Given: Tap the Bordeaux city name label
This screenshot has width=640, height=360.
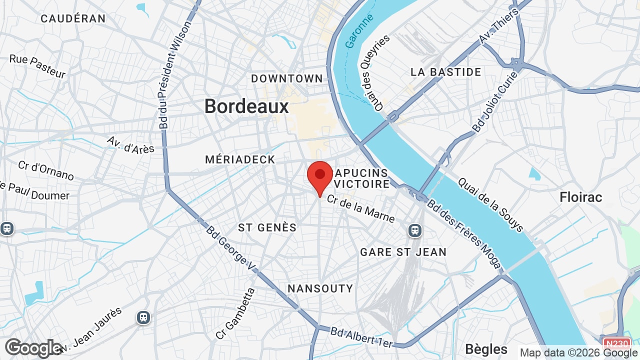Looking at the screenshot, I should click(x=247, y=106).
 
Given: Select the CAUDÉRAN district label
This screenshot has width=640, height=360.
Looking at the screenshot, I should click(x=73, y=19).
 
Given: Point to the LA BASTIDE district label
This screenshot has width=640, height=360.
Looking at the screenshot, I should click(x=446, y=72).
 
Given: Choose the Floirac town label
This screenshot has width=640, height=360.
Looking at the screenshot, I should click(x=581, y=197).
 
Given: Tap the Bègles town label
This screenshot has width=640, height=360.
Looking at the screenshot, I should click(x=486, y=349).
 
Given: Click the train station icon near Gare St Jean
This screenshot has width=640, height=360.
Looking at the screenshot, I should click(x=414, y=230).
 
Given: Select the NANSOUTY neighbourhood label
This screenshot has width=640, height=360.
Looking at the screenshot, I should click(x=320, y=288).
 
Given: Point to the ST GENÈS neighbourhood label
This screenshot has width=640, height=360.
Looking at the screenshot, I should click(x=267, y=227).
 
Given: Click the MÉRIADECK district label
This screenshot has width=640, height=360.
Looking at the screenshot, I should click(x=240, y=159).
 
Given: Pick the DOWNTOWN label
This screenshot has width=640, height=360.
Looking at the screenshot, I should click(x=287, y=78).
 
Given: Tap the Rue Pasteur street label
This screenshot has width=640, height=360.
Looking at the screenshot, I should click(x=37, y=66).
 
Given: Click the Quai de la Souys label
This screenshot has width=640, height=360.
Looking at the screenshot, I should click(x=490, y=205).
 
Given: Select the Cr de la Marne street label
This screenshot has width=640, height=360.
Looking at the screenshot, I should click(x=361, y=208).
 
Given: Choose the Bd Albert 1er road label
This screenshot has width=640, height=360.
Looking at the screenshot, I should click(x=362, y=337).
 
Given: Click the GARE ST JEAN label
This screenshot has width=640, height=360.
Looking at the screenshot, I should click(x=403, y=252).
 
